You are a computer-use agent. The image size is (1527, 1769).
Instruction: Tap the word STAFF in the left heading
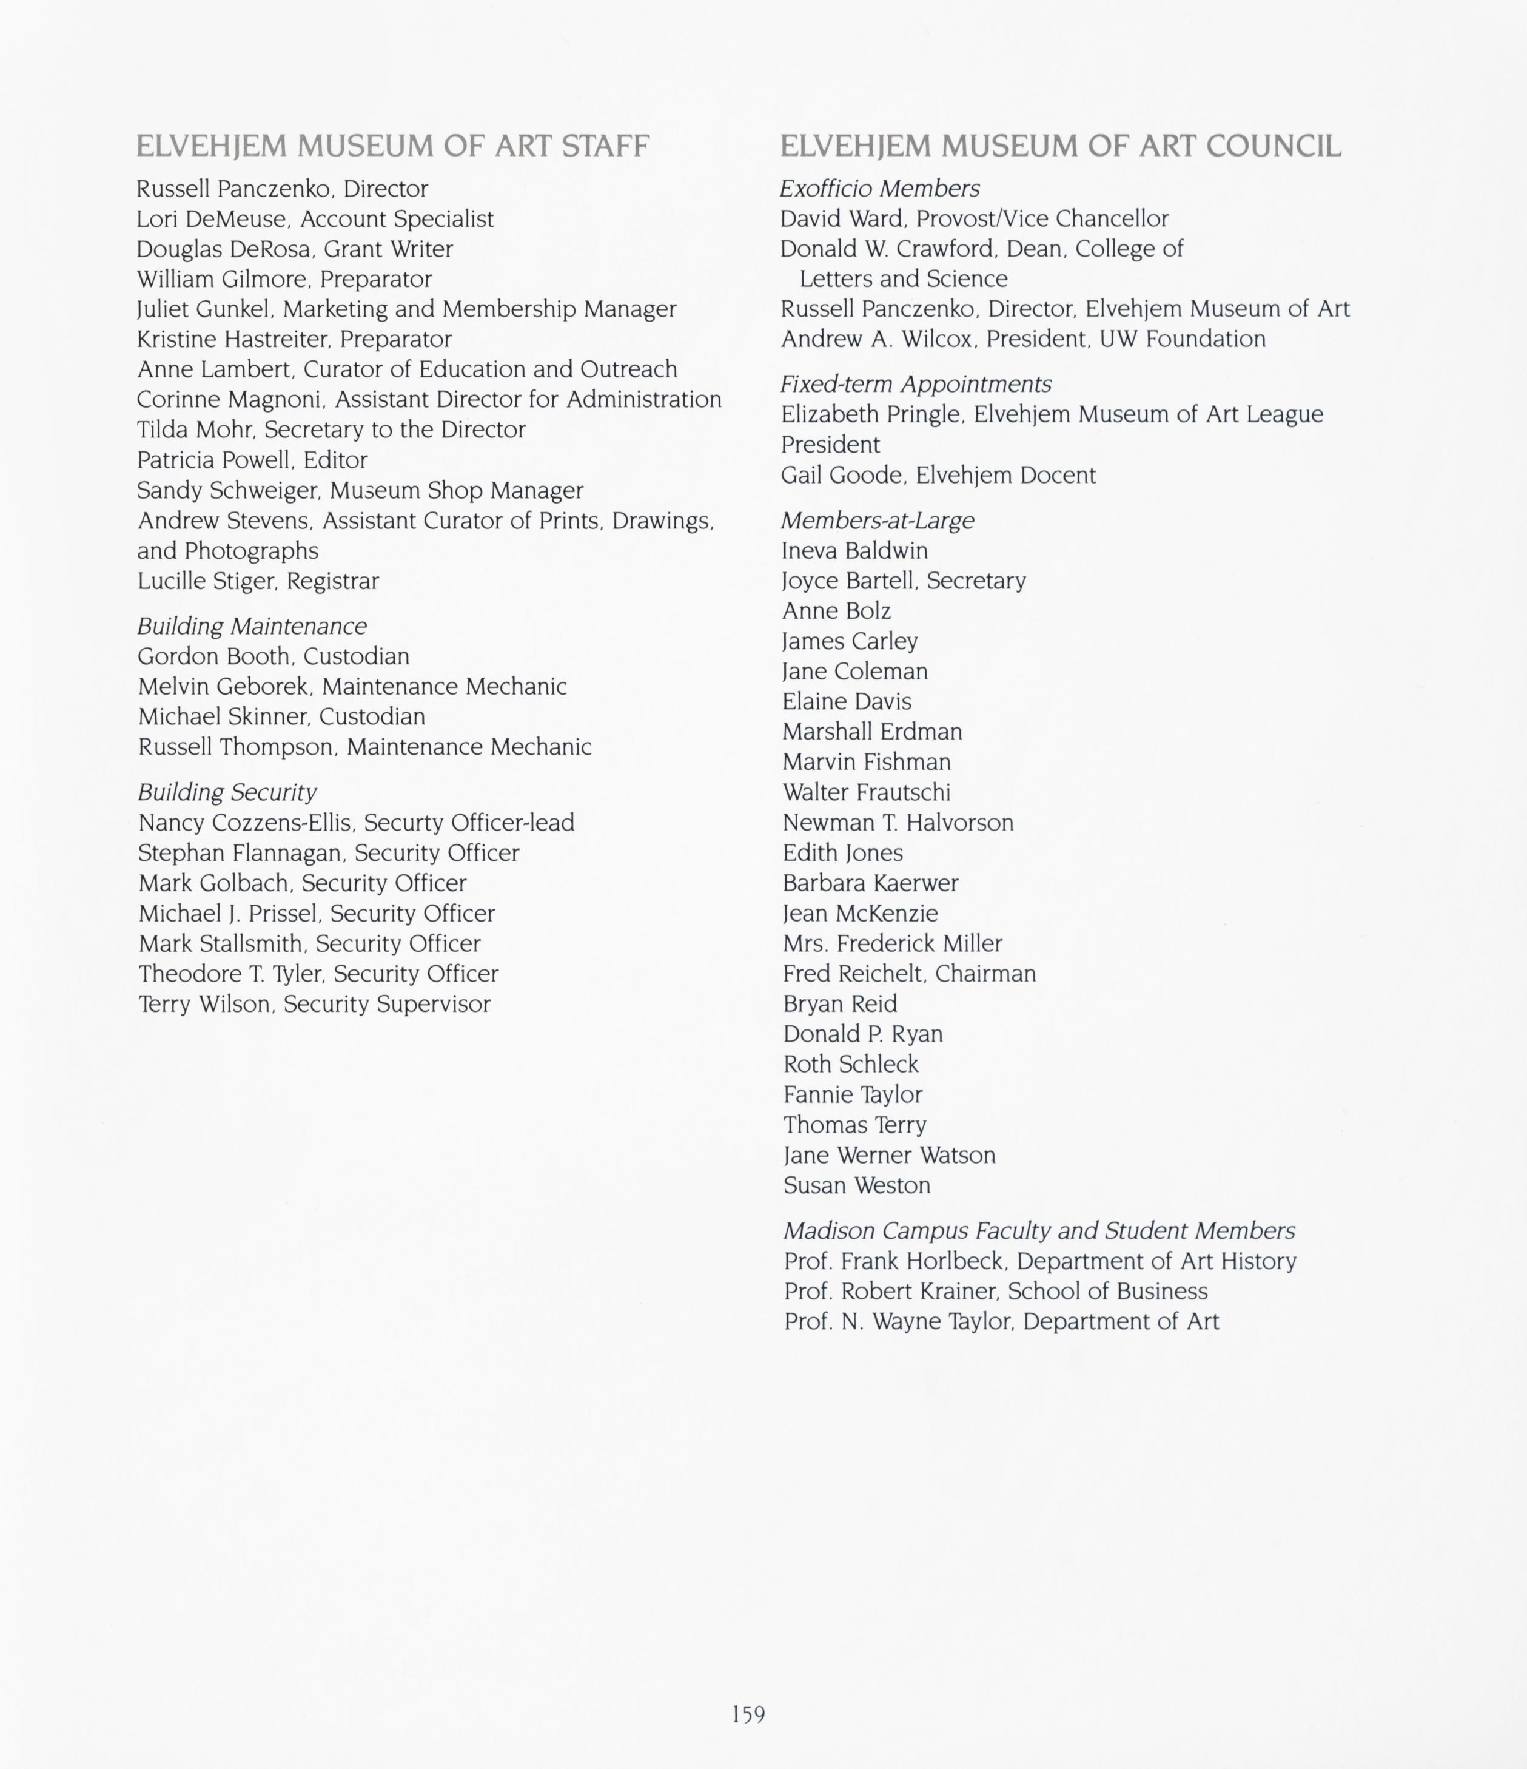tap(605, 147)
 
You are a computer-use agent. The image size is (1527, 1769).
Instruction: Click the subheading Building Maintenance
tap(252, 626)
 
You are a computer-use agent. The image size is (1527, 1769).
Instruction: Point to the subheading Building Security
tap(227, 792)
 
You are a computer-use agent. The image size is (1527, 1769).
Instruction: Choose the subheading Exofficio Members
tap(879, 188)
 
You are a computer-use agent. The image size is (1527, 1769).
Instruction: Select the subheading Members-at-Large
tap(876, 520)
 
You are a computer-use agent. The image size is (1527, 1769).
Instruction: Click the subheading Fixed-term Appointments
tap(915, 384)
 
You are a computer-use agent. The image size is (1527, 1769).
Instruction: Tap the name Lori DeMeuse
tap(212, 220)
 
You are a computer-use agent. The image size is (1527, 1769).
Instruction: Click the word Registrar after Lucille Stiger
tap(333, 581)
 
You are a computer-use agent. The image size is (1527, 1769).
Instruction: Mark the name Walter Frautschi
tap(867, 792)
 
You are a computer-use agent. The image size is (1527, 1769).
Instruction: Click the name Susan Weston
tap(857, 1186)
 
